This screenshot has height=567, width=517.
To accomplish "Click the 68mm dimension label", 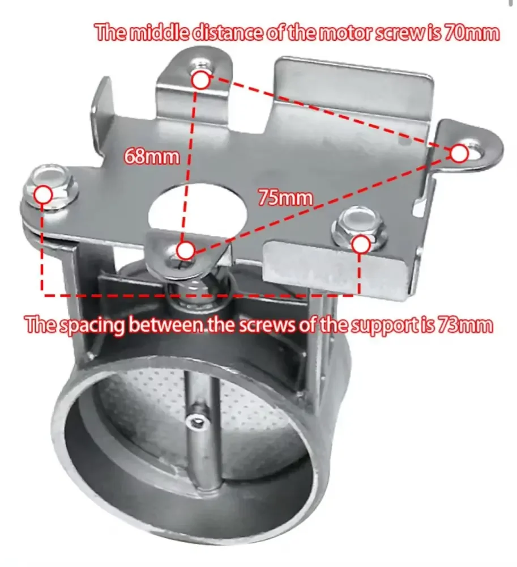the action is point(151,156).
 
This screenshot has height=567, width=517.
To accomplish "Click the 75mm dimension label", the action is point(285,198).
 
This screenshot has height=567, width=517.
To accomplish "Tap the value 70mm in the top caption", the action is point(471,33).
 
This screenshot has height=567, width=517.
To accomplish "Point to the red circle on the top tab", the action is point(201,81).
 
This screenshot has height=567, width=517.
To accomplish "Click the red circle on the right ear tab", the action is point(459,153).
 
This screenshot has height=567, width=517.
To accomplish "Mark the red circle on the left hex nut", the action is point(44,195).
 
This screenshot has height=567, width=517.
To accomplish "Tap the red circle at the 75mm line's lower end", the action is point(186,250).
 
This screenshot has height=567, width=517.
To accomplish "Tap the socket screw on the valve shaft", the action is point(196,420).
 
